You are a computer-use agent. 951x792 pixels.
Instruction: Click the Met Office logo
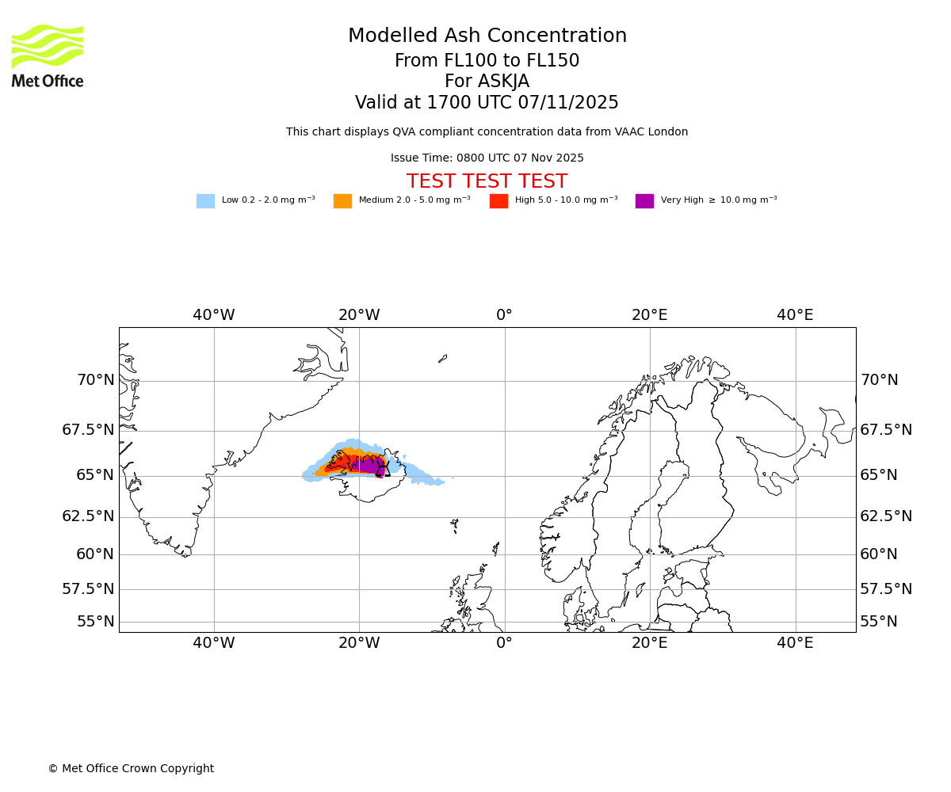48,55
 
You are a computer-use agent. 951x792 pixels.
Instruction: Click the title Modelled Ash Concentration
487,36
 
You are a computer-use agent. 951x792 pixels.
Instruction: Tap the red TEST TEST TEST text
487,182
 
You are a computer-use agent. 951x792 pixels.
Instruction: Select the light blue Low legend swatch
205,201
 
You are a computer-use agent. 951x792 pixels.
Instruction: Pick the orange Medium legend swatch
342,201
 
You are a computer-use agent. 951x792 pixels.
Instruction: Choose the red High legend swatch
498,201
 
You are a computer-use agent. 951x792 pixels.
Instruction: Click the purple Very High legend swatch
644,201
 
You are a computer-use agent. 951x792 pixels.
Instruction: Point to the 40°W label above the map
214,315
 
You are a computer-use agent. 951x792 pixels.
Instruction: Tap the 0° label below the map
504,643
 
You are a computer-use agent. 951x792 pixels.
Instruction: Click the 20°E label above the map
650,315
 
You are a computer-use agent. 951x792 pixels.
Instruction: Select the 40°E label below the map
795,643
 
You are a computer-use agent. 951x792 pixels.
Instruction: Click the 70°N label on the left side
95,380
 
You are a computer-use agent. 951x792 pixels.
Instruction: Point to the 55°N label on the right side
879,622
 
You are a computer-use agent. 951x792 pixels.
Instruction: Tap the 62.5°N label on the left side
88,516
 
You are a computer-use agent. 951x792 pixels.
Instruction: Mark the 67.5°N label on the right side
886,430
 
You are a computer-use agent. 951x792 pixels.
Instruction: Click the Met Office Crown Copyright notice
131,769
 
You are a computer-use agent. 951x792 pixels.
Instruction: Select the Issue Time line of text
487,158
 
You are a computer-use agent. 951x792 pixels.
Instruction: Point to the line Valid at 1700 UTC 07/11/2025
487,103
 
